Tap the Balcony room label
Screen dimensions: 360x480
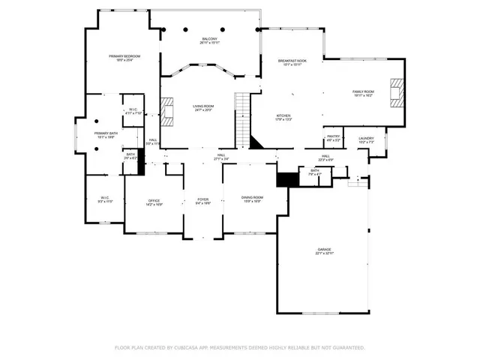pyautogui.click(x=209, y=39)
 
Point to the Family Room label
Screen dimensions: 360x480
pyautogui.click(x=363, y=91)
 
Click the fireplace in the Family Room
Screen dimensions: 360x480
pyautogui.click(x=395, y=93)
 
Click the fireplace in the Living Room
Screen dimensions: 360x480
pyautogui.click(x=169, y=112)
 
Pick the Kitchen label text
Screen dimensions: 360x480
pyautogui.click(x=283, y=115)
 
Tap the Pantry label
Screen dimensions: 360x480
pyautogui.click(x=334, y=136)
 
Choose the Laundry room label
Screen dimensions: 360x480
pyautogui.click(x=366, y=138)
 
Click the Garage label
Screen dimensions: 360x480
pyautogui.click(x=324, y=249)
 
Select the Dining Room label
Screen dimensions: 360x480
pyautogui.click(x=252, y=197)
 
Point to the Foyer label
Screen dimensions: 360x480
pyautogui.click(x=203, y=199)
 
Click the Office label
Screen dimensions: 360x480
pyautogui.click(x=154, y=200)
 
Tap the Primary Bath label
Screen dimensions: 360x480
pyautogui.click(x=105, y=133)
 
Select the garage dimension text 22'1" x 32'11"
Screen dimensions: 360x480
pyautogui.click(x=324, y=253)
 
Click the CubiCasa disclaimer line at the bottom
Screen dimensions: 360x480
pyautogui.click(x=240, y=347)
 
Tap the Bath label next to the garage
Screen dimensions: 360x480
pyautogui.click(x=315, y=170)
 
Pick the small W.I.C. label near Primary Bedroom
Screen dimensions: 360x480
pyautogui.click(x=132, y=109)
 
